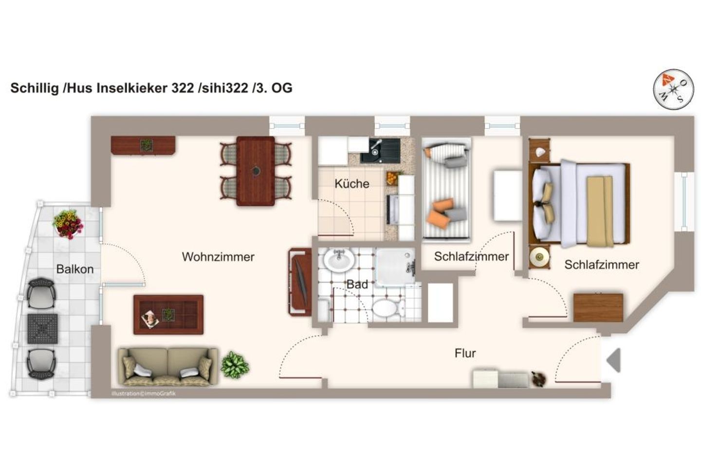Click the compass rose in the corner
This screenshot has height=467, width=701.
[x=673, y=90]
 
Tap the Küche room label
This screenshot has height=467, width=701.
[x=351, y=184]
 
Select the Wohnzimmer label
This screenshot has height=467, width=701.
[x=218, y=257]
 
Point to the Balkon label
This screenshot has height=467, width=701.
[x=74, y=269]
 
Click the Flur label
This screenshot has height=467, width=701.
[x=465, y=353]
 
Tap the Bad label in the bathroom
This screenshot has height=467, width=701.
[x=357, y=285]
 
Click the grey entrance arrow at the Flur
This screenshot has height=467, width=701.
[x=614, y=360]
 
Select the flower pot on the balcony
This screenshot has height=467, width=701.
[x=68, y=224]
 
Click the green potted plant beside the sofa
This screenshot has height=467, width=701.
[x=235, y=365]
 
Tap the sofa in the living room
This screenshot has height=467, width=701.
[x=167, y=366]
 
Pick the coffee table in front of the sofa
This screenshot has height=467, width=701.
[x=168, y=315]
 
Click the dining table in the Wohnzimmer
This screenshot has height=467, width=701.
[x=256, y=171]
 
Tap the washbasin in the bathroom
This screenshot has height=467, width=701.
[x=339, y=260]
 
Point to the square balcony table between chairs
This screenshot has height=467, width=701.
[x=42, y=329]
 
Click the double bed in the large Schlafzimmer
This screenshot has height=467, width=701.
[x=579, y=203]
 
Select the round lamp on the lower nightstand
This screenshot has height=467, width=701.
[x=539, y=256]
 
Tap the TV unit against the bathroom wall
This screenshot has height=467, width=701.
[x=300, y=282]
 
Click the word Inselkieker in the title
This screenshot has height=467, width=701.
[x=132, y=88]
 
